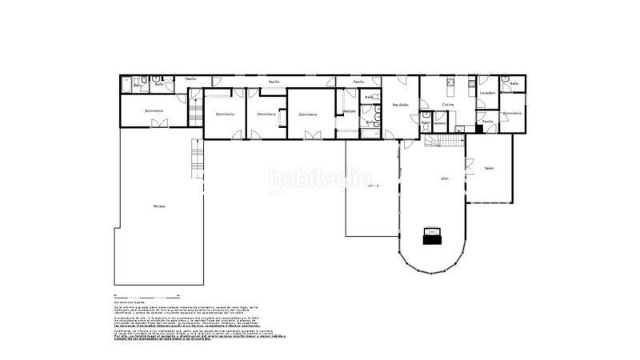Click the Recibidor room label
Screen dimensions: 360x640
[x=400, y=105]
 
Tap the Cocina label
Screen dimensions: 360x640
[x=448, y=105]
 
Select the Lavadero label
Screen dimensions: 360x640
[x=487, y=93]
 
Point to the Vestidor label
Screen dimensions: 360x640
[x=350, y=111]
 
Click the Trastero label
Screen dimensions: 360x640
[x=439, y=122]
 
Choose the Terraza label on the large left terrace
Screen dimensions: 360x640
[x=159, y=206]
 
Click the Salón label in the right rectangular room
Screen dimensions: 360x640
[x=489, y=168]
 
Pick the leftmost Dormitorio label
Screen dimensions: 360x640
[x=154, y=110]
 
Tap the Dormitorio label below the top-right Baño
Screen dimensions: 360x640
[x=513, y=113]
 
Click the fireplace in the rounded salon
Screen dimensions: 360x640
[x=432, y=234]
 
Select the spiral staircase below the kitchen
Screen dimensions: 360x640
[x=444, y=141]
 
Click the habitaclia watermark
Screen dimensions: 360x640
[x=319, y=180]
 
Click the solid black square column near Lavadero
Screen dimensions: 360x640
[x=478, y=127]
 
